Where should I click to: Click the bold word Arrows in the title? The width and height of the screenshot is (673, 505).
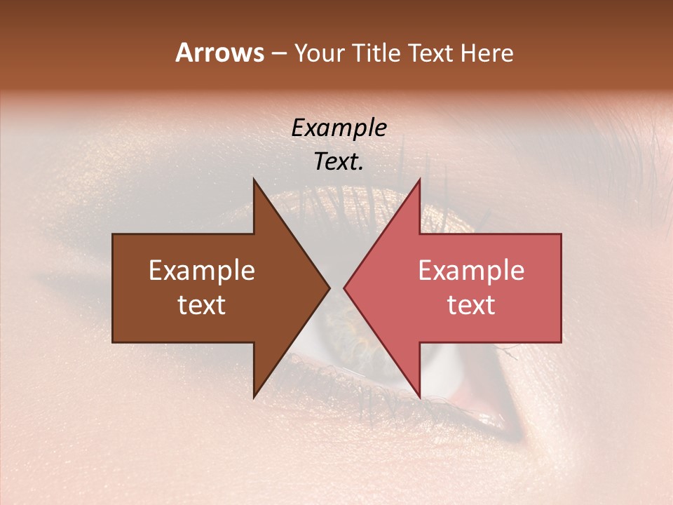pos(220,53)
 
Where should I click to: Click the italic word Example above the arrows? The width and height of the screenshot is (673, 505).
pos(339,128)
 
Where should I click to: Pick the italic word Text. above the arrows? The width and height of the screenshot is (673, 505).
pos(339,161)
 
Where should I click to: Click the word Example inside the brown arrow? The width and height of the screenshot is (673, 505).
pos(202,271)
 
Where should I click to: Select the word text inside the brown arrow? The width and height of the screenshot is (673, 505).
pos(202,304)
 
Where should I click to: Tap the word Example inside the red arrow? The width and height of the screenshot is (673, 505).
pos(471,271)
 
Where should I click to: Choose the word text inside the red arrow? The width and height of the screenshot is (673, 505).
pos(471,304)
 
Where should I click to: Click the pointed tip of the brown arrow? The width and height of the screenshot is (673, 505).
pos(329,288)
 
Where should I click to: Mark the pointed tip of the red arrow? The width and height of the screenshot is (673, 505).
pos(344,288)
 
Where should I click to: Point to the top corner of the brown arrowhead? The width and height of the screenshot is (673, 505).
pos(254,180)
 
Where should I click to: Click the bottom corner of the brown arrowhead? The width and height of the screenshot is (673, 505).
pos(254,397)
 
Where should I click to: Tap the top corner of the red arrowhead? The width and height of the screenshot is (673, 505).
pos(419,180)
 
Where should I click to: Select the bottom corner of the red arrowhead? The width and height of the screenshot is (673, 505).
pos(419,397)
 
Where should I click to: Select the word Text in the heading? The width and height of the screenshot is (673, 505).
pos(429,53)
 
